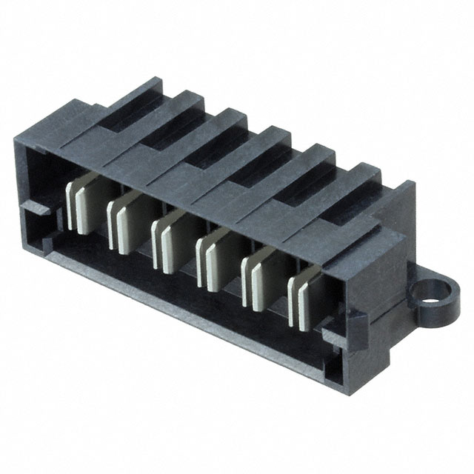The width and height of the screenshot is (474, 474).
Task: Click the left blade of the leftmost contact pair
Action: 75,204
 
